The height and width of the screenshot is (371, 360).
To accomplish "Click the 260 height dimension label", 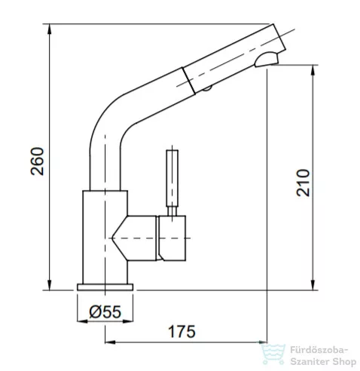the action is pyautogui.click(x=37, y=161).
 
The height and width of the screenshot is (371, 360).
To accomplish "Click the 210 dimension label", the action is pyautogui.click(x=303, y=182).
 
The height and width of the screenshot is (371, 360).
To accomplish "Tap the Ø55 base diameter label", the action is pyautogui.click(x=105, y=311).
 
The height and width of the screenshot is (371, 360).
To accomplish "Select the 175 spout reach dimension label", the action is pyautogui.click(x=182, y=332).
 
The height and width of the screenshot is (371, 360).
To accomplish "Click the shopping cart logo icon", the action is pyautogui.click(x=273, y=354).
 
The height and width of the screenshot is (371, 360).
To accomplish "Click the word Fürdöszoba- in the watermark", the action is pyautogui.click(x=319, y=350).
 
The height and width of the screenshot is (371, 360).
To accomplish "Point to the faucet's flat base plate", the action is pyautogui.click(x=105, y=287).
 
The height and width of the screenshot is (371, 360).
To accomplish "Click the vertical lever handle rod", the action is pyautogui.click(x=172, y=178).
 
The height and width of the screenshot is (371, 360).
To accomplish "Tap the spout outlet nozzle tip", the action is pyautogui.click(x=267, y=59).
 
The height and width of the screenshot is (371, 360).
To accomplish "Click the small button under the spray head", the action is pyautogui.click(x=207, y=88).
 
